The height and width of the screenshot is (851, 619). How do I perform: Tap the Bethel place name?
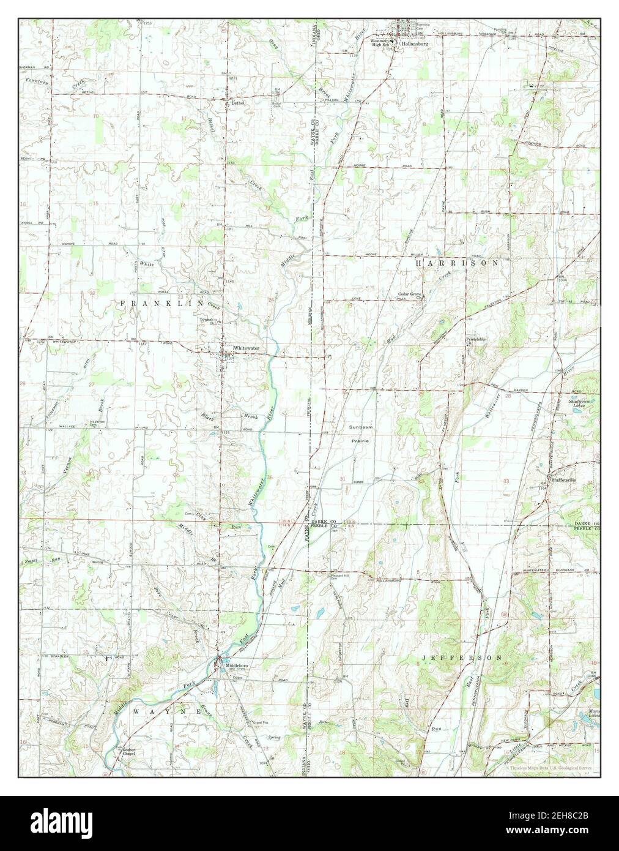click(x=237, y=103)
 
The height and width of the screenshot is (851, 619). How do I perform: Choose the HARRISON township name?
click(x=457, y=262)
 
